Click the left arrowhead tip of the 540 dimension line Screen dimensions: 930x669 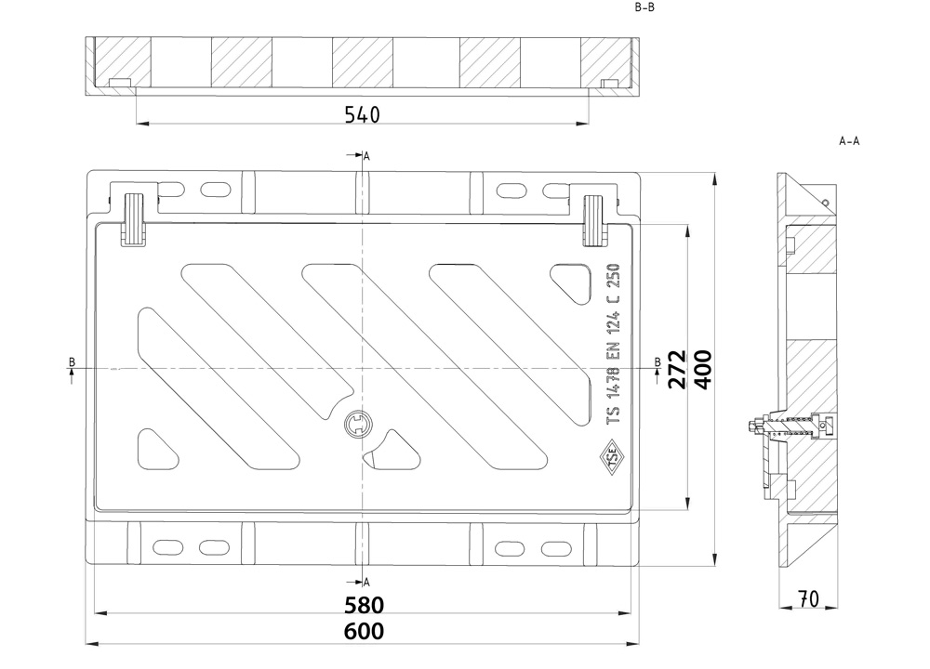click(x=137, y=124)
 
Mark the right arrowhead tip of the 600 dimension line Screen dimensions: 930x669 click(x=640, y=643)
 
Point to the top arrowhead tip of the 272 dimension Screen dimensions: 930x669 click(x=687, y=225)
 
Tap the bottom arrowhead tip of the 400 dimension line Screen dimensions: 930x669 click(x=716, y=566)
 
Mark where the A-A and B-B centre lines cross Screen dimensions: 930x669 click(x=363, y=369)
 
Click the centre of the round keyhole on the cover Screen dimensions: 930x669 click(x=358, y=425)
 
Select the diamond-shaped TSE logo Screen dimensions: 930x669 click(x=610, y=457)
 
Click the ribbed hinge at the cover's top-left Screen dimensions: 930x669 click(x=133, y=219)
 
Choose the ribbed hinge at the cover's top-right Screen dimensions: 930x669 click(x=595, y=220)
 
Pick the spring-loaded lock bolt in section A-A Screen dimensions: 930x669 click(x=790, y=426)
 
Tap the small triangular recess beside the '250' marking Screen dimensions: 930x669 click(x=572, y=283)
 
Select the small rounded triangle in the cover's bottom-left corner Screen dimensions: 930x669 click(x=157, y=449)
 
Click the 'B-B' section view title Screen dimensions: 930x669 click(x=644, y=7)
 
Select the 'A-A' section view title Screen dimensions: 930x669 click(x=849, y=141)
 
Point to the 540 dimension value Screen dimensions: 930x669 click(x=362, y=114)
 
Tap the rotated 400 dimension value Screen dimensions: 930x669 click(x=703, y=369)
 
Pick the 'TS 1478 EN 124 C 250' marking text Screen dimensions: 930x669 click(x=613, y=344)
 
